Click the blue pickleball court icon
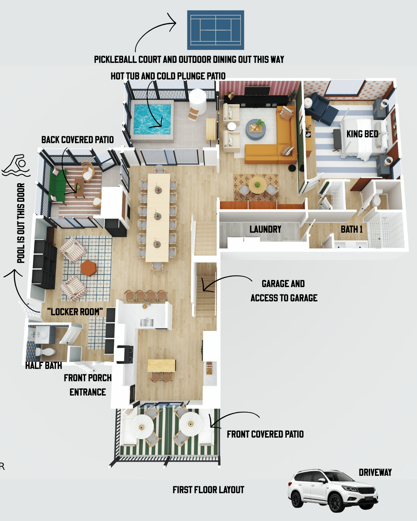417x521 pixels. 215,30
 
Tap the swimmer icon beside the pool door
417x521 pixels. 16,166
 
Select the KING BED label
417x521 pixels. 362,134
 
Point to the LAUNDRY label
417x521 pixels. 265,230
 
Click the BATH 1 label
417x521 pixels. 351,229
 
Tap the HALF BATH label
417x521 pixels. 44,365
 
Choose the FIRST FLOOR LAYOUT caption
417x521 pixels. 208,490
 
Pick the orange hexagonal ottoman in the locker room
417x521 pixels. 88,268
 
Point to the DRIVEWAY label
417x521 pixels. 375,473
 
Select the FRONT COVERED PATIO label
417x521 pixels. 265,435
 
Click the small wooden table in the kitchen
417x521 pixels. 162,365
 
